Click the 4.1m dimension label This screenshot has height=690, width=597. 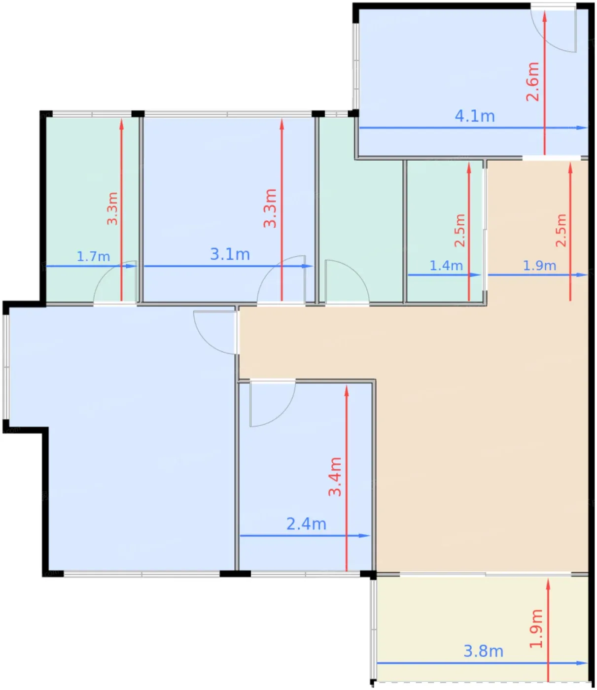(474, 116)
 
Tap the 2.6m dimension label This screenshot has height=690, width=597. (532, 81)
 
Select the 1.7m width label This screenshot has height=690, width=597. (93, 256)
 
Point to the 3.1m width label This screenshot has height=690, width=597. (230, 254)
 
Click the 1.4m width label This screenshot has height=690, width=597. (446, 265)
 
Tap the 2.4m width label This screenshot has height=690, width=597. (306, 524)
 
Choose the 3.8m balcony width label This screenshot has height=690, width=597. (483, 651)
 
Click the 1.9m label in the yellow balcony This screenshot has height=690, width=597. (536, 628)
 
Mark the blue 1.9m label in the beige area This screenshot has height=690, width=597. (539, 265)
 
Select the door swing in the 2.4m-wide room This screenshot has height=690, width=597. (273, 404)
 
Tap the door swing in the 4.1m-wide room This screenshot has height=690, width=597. (554, 30)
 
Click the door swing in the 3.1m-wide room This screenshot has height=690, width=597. (281, 280)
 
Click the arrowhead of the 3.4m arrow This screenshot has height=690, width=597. (347, 390)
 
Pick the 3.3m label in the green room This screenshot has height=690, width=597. (112, 208)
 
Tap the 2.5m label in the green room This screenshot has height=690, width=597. (459, 230)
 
